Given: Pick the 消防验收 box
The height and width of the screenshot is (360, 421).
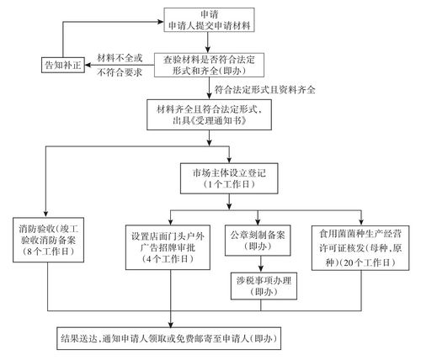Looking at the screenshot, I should [x=49, y=239].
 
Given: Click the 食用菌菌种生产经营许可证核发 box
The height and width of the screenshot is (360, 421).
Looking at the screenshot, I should [x=361, y=245].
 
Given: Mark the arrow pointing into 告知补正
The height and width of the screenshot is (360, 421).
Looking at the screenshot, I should [x=90, y=64].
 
